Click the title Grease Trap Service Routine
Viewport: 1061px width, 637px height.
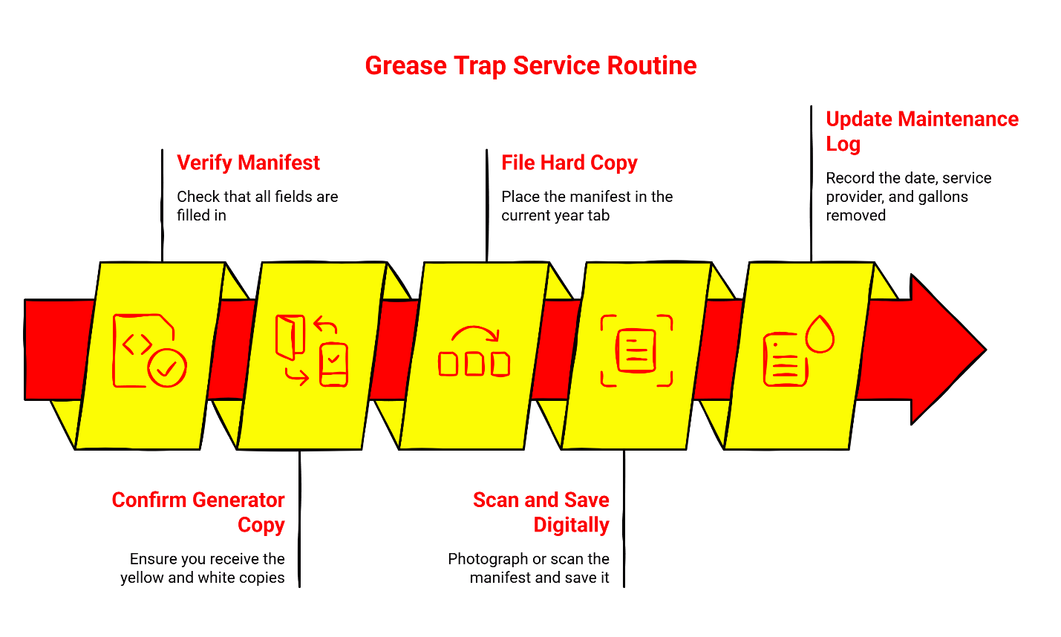click(x=530, y=65)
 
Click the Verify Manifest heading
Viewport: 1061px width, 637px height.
click(x=248, y=163)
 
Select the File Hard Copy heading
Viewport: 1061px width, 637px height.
click(x=569, y=163)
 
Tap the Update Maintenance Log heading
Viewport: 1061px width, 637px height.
click(x=921, y=131)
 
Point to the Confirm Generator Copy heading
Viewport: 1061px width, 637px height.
click(x=198, y=512)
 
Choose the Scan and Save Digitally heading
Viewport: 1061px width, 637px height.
click(x=541, y=512)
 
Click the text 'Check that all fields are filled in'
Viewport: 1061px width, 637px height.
click(x=257, y=206)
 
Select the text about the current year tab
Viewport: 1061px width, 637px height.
click(x=587, y=206)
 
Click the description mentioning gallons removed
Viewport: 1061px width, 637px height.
click(x=907, y=197)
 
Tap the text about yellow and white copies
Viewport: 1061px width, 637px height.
click(x=203, y=568)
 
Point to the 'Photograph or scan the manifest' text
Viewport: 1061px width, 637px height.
click(x=529, y=568)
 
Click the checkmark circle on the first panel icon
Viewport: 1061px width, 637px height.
click(x=167, y=367)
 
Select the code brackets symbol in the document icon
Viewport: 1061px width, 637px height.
click(x=137, y=344)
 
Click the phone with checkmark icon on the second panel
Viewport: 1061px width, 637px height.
click(x=333, y=365)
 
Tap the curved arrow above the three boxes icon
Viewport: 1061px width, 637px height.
click(x=475, y=333)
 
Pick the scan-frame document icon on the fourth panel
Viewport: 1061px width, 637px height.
click(x=636, y=350)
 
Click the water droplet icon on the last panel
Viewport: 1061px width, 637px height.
click(x=820, y=335)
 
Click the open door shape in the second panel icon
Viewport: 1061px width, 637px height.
click(x=290, y=336)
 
